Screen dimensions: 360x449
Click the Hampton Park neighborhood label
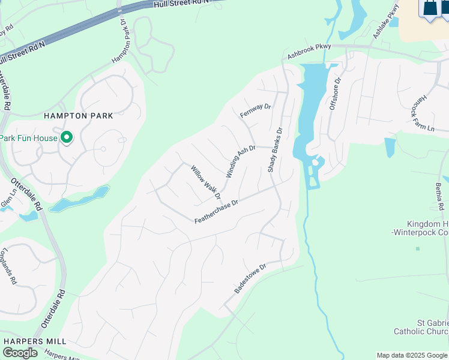(78, 115)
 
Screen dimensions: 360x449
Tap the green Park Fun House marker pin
(67, 137)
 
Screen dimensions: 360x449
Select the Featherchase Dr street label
(216, 212)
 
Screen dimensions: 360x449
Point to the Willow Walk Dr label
(206, 182)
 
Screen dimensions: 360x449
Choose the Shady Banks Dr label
(275, 150)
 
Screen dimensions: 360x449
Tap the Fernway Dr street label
(256, 110)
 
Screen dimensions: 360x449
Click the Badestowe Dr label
(250, 278)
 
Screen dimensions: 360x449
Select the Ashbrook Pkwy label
(309, 50)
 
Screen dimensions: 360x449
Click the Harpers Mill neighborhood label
(35, 341)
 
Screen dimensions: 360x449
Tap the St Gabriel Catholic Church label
(421, 327)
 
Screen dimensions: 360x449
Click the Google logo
(20, 353)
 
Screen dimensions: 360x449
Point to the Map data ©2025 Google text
(412, 355)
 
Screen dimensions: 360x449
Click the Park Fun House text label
(28, 138)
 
